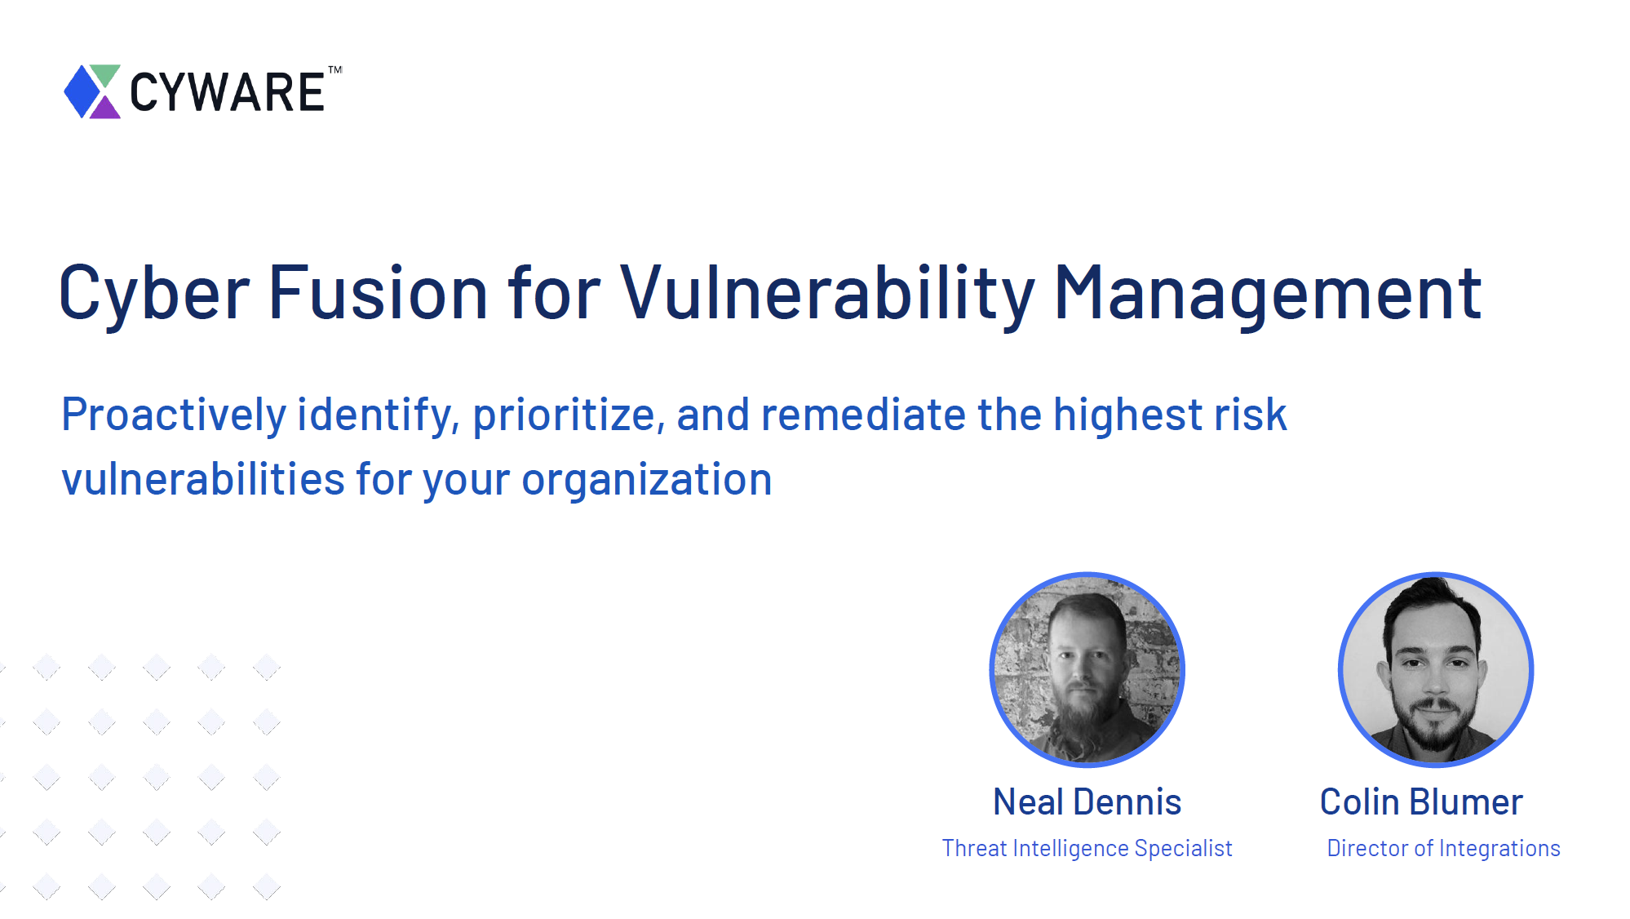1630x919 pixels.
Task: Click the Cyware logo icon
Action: [92, 91]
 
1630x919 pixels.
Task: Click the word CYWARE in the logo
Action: [228, 92]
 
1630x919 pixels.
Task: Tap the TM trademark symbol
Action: [335, 70]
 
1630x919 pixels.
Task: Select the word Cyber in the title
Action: [154, 293]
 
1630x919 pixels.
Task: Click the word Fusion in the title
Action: [378, 291]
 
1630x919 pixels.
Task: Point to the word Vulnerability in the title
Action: [827, 293]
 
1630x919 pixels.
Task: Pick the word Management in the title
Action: [1268, 294]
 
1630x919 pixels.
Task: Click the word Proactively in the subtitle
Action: [174, 415]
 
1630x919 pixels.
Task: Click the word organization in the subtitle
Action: [646, 480]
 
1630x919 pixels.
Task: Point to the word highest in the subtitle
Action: [1128, 415]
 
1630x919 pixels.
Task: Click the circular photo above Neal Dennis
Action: [1087, 669]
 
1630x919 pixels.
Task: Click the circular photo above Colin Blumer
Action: [1436, 669]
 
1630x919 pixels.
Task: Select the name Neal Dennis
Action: [1087, 802]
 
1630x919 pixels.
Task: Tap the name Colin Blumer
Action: [1421, 802]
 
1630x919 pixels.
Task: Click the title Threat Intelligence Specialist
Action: [1087, 849]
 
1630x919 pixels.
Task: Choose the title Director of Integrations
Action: [1443, 849]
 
